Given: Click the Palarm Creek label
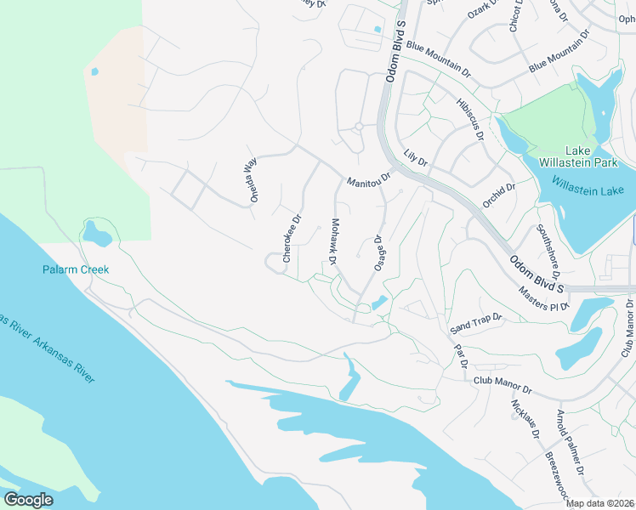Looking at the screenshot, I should coord(76,269).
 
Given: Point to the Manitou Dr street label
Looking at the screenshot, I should coord(367,181).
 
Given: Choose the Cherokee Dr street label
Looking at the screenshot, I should coord(292,238).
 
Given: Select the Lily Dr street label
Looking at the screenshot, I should coord(415,157).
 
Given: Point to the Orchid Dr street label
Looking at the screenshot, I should coord(499,195).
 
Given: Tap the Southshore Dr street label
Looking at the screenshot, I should coord(548,252).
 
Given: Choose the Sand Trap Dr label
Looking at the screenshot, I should coord(476,322).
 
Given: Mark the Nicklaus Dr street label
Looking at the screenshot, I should coord(525,419).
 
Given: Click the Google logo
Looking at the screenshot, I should coord(29,499).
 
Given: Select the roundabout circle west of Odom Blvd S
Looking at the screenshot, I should coord(359,127).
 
